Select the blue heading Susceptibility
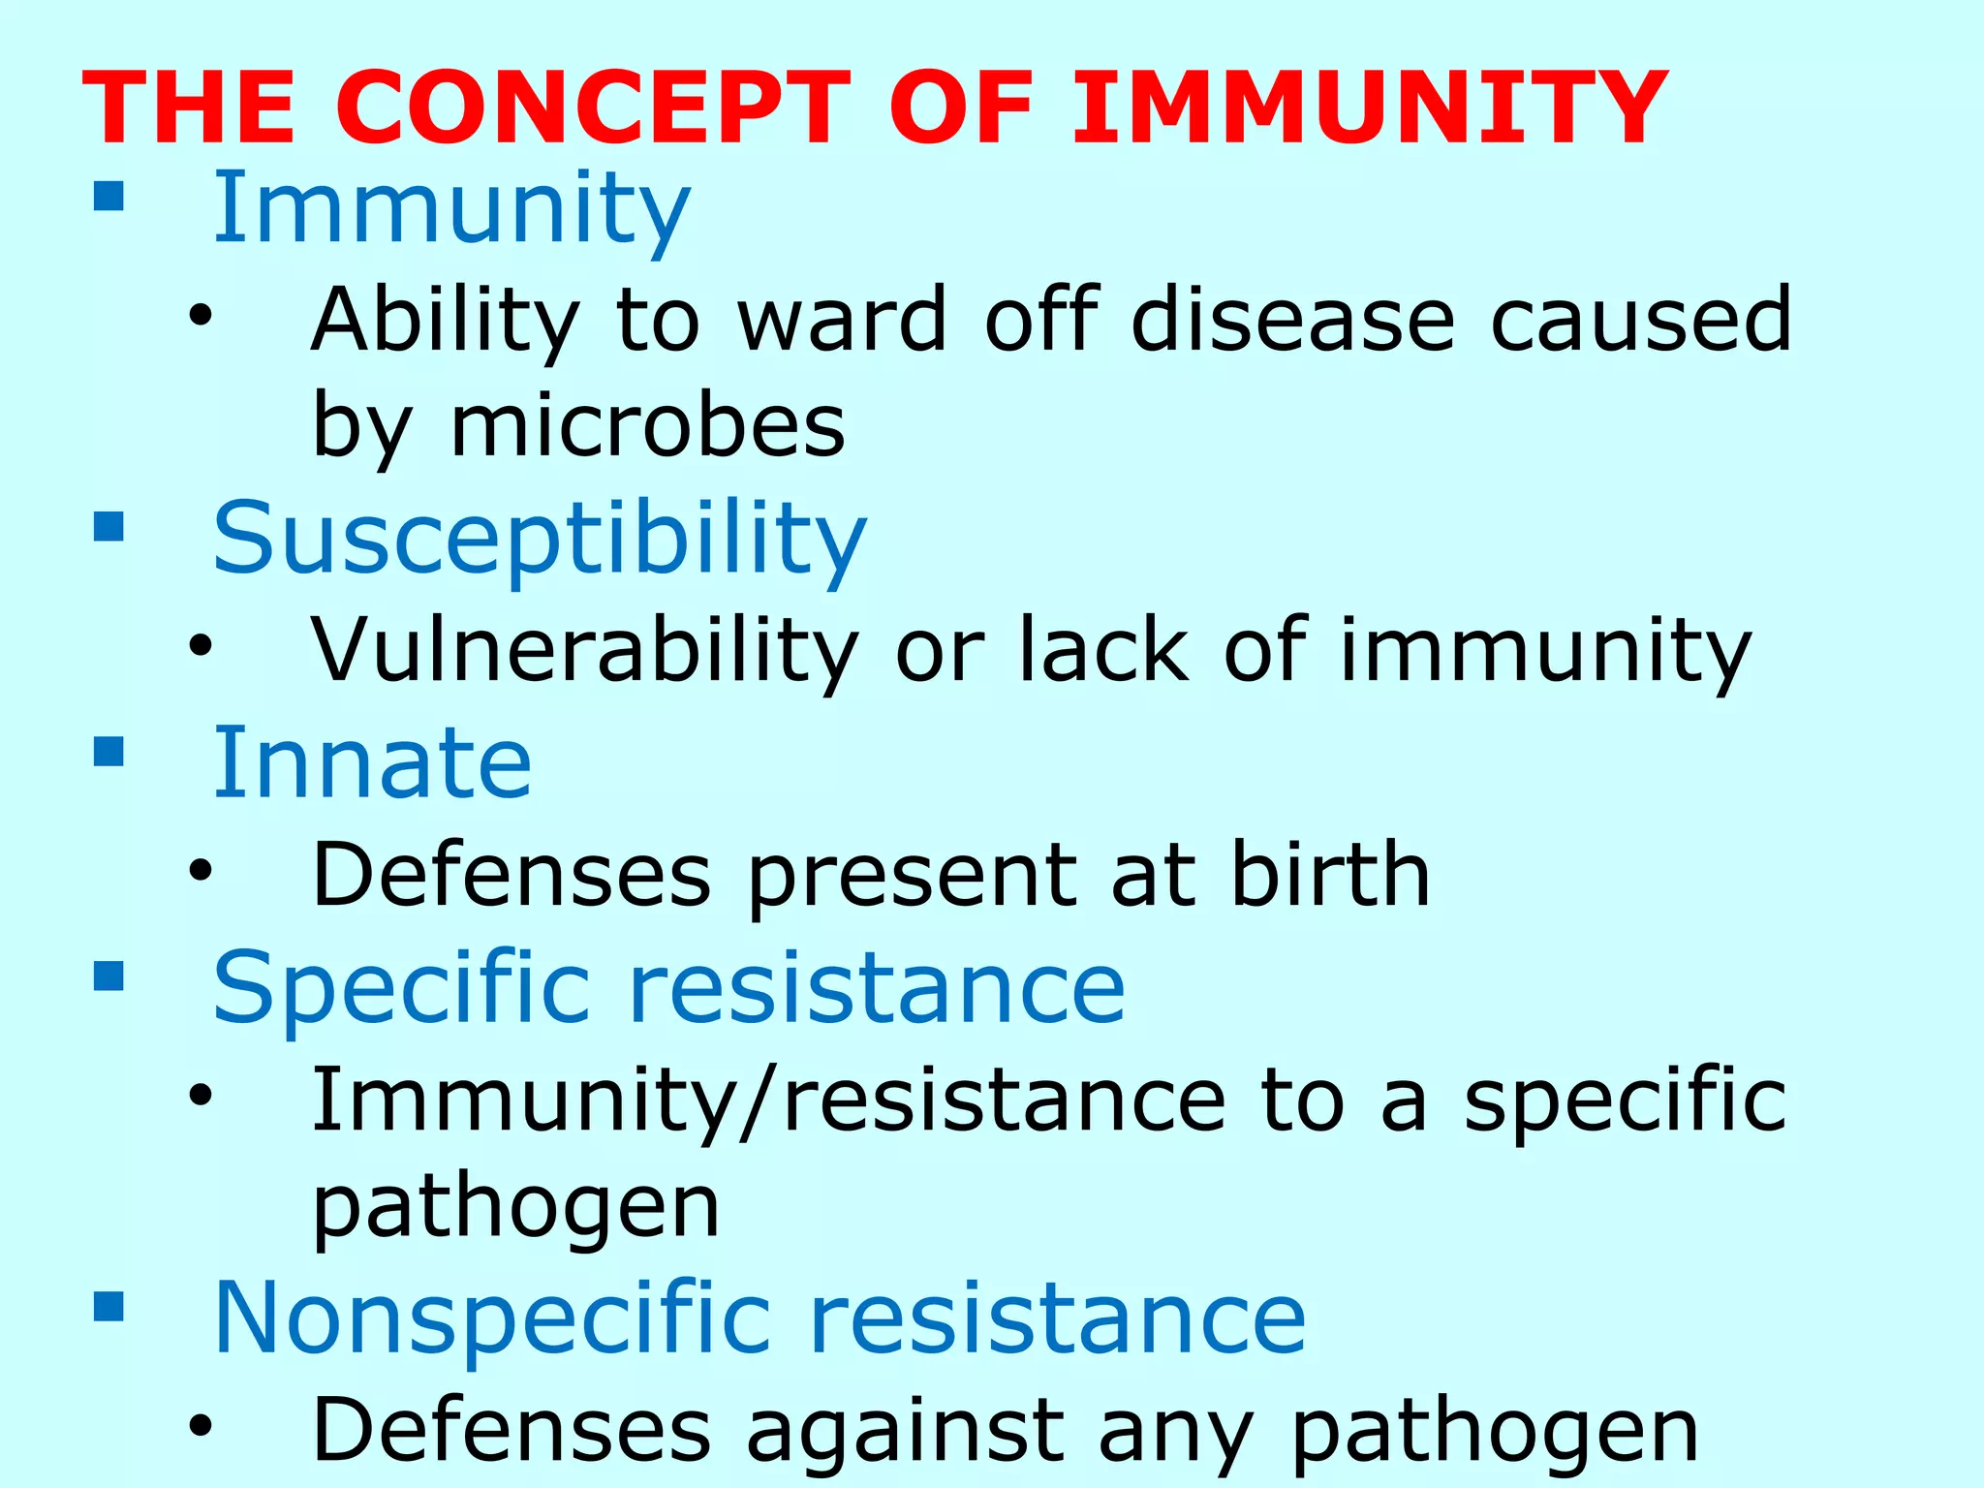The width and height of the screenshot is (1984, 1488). click(x=539, y=539)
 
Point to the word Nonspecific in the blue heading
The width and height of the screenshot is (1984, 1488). click(x=492, y=1318)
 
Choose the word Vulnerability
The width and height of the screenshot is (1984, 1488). click(x=584, y=651)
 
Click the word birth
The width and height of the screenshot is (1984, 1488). click(x=1330, y=875)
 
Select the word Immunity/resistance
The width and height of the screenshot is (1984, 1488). click(x=768, y=1100)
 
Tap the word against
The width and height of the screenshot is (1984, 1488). click(x=905, y=1431)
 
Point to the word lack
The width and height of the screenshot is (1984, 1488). click(x=1103, y=651)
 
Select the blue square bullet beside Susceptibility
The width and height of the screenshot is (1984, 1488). click(x=109, y=527)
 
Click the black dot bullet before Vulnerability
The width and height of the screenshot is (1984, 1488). click(x=201, y=647)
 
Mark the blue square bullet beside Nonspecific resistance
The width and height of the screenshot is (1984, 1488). click(x=109, y=1307)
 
